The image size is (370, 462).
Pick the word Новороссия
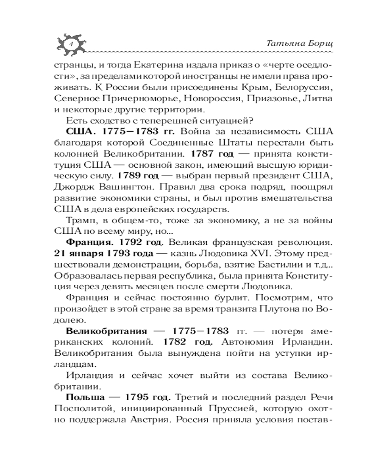click(220, 98)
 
